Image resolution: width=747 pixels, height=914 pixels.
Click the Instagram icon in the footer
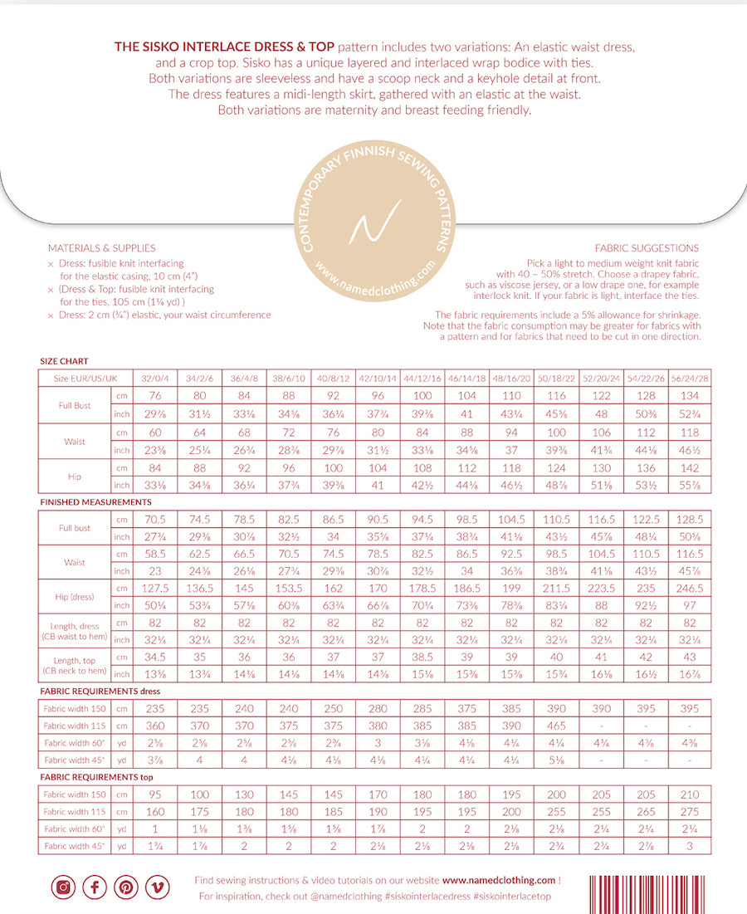tap(62, 887)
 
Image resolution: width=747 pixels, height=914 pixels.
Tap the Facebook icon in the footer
tap(94, 887)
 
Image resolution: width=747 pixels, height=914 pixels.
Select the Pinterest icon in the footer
tap(125, 887)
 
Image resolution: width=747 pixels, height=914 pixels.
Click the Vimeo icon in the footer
tap(157, 887)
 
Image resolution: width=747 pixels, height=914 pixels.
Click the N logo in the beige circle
tap(373, 222)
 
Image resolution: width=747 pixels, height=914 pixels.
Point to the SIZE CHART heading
tap(64, 362)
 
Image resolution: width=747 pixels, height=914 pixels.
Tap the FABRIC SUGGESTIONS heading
tap(647, 248)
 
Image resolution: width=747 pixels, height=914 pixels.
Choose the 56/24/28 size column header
tap(691, 378)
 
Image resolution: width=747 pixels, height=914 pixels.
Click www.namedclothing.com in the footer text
tap(498, 880)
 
